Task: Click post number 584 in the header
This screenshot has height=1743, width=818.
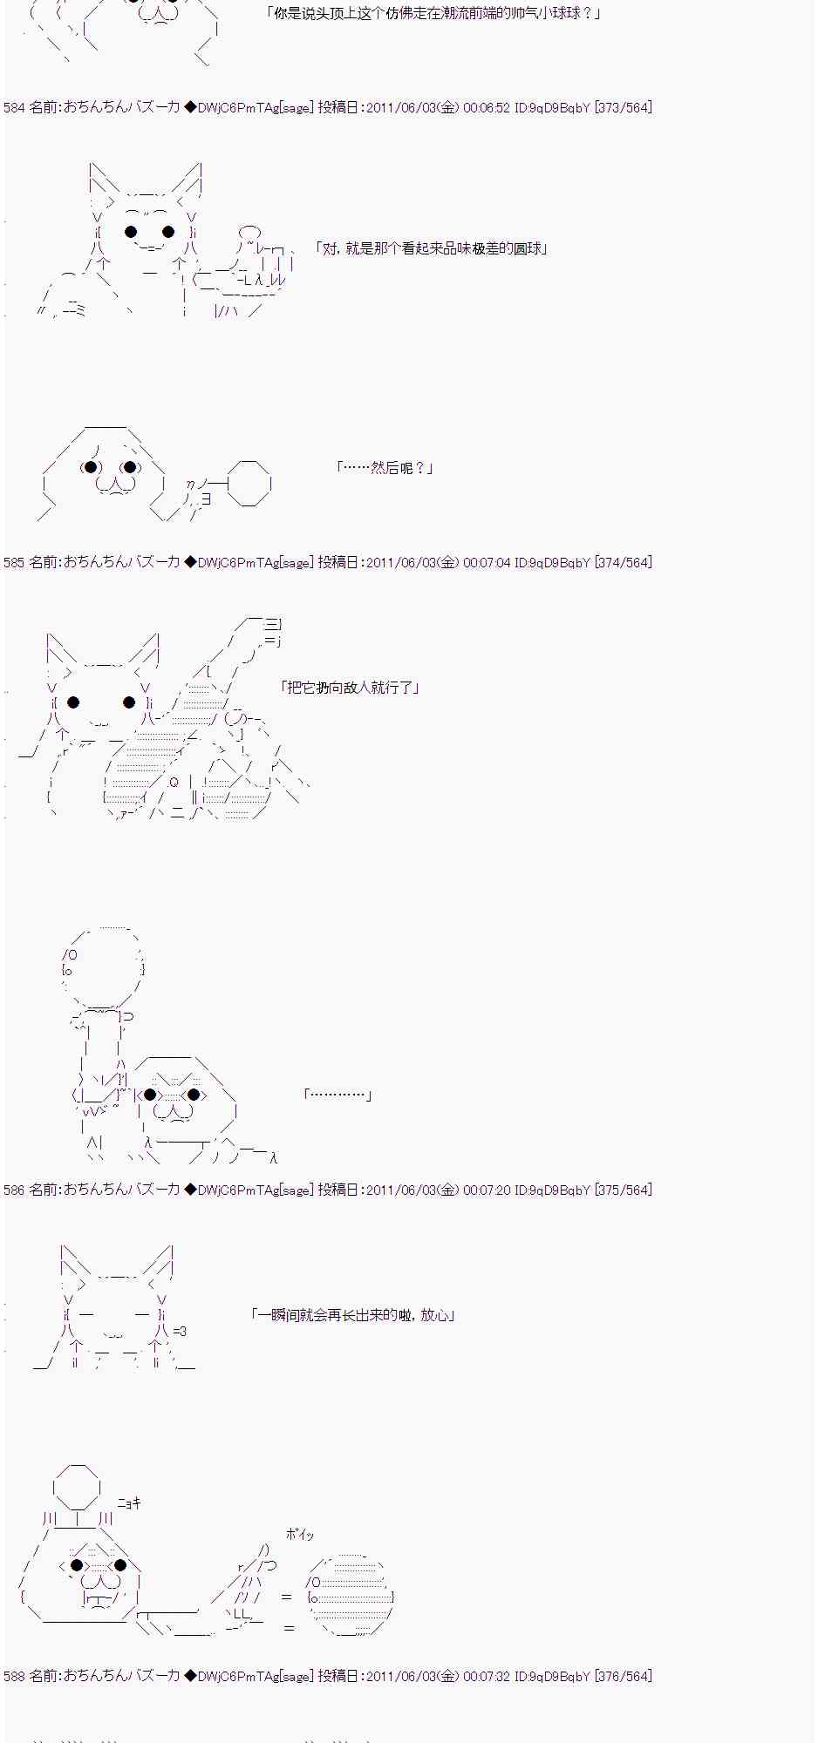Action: pyautogui.click(x=14, y=108)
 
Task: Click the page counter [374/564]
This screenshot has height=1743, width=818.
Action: pyautogui.click(x=623, y=563)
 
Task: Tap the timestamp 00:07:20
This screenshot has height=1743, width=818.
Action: pyautogui.click(x=487, y=1190)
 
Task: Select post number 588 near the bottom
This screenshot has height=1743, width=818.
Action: pyautogui.click(x=14, y=1677)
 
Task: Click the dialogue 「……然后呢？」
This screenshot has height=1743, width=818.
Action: pyautogui.click(x=384, y=468)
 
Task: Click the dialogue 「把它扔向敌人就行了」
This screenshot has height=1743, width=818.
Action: pyautogui.click(x=350, y=688)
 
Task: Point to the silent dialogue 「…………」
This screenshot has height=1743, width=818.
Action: pyautogui.click(x=338, y=1095)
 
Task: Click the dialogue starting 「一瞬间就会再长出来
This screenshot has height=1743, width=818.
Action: pyautogui.click(x=352, y=1315)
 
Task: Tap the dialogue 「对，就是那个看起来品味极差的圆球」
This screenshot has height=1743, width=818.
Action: pyautogui.click(x=432, y=249)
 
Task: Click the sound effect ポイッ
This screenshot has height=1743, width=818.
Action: pyautogui.click(x=299, y=1535)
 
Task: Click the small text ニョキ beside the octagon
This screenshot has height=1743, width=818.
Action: pyautogui.click(x=129, y=1503)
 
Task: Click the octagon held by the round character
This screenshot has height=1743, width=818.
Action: pyautogui.click(x=249, y=484)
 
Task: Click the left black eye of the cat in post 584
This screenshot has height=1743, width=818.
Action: pyautogui.click(x=131, y=232)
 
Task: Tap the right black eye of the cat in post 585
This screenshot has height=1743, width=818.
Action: pyautogui.click(x=129, y=702)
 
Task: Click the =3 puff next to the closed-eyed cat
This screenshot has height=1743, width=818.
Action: pyautogui.click(x=180, y=1331)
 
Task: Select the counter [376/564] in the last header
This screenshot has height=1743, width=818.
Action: pyautogui.click(x=623, y=1677)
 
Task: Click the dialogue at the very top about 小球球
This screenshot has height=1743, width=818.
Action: pyautogui.click(x=433, y=14)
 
